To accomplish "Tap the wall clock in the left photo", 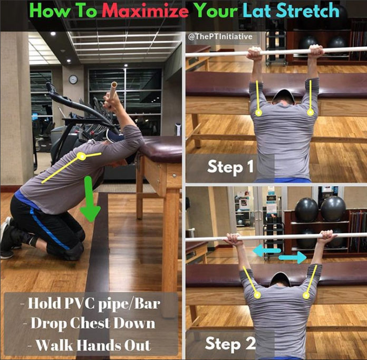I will [x=73, y=79].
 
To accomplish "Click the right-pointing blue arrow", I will [x=293, y=258].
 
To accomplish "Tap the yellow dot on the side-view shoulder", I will [x=82, y=156].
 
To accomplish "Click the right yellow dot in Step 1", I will [x=311, y=112].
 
